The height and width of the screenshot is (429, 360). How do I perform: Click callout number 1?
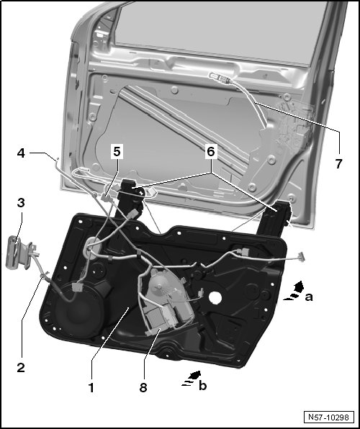(x=91, y=387)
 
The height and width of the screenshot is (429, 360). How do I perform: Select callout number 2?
(x=21, y=367)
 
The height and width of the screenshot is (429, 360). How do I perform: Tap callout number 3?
(x=21, y=203)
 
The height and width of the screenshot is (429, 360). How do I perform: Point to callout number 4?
(x=21, y=153)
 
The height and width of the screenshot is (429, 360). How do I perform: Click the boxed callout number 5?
(x=117, y=152)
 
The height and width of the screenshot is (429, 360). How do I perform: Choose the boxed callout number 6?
(x=211, y=152)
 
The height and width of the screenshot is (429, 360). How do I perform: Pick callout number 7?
(x=338, y=163)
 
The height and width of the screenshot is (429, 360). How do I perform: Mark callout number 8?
(x=143, y=387)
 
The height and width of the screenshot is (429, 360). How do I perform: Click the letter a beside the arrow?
(x=309, y=297)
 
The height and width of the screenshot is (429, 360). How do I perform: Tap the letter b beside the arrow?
(x=202, y=385)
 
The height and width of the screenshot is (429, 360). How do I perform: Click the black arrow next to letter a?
(x=294, y=291)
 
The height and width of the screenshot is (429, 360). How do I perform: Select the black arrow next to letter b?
(x=192, y=379)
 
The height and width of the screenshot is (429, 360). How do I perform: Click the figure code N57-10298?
(x=328, y=417)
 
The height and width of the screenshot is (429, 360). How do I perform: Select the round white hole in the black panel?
(x=215, y=297)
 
